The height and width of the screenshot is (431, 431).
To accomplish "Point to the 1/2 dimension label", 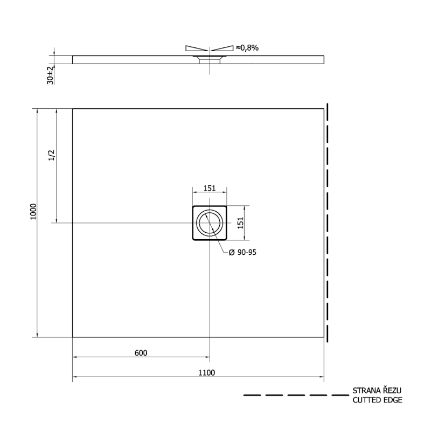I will click(52, 155).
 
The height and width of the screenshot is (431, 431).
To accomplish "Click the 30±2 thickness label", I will click(50, 75).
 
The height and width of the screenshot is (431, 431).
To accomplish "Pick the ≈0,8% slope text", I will click(247, 48).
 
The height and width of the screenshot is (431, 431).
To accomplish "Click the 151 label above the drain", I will click(209, 188).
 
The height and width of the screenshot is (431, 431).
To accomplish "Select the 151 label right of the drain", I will click(241, 223).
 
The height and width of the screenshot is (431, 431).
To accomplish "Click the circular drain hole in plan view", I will click(210, 223).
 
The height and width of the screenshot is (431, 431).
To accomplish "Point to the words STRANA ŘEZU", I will click(377, 391).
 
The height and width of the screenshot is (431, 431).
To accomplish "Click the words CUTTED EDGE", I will click(377, 400).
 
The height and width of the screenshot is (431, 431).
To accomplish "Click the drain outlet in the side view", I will click(210, 59).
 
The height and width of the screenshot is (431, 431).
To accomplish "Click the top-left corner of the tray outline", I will click(73, 109).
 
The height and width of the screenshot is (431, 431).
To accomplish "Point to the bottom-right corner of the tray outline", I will click(324, 337).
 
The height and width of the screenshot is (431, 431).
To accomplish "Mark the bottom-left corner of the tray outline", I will click(73, 337).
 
